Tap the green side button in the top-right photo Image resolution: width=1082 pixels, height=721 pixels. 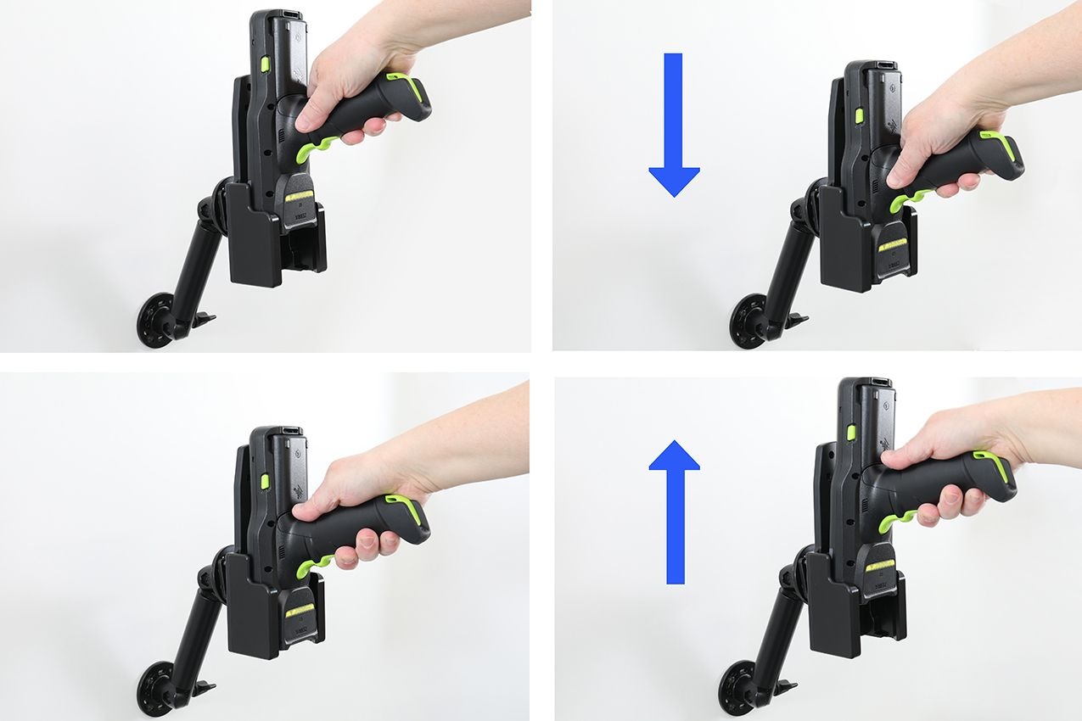click(x=859, y=115)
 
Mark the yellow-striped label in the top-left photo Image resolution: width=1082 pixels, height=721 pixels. click(x=299, y=197)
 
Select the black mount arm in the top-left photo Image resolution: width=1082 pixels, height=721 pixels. click(x=193, y=263)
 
